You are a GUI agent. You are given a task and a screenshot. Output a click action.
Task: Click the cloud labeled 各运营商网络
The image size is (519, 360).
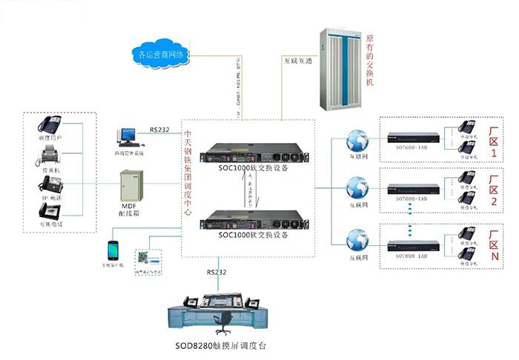click(x=162, y=54)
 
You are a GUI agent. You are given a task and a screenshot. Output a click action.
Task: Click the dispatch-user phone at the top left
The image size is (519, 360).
click(x=52, y=124)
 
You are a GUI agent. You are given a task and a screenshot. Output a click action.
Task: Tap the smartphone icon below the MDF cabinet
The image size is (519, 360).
click(x=113, y=248)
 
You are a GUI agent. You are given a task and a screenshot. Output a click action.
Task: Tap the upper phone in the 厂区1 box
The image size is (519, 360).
click(x=467, y=126)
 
